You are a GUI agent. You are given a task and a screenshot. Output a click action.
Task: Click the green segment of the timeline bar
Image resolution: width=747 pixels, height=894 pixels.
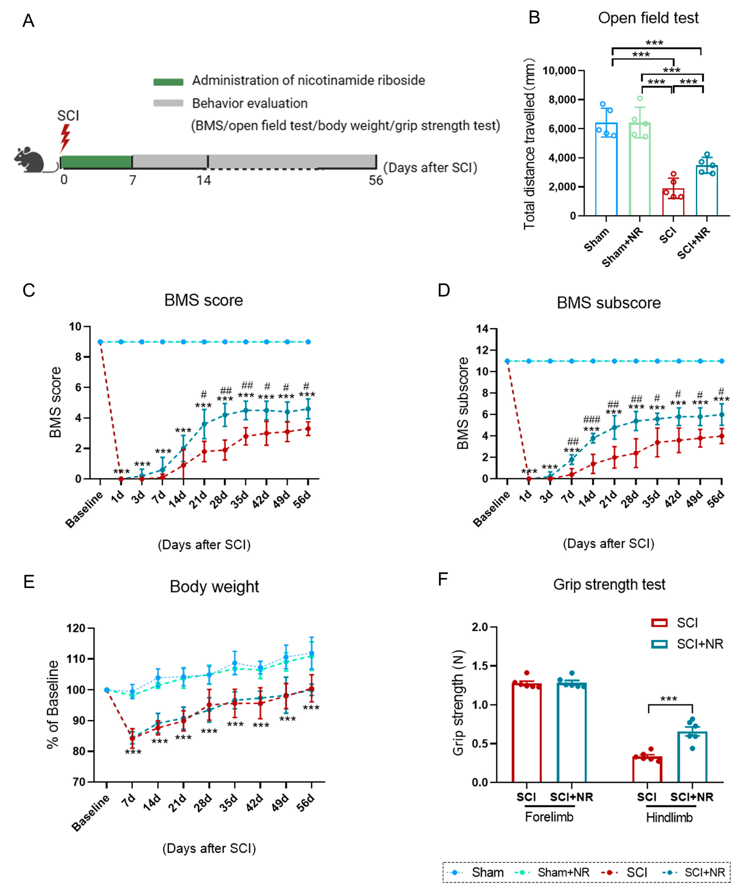pyautogui.click(x=96, y=162)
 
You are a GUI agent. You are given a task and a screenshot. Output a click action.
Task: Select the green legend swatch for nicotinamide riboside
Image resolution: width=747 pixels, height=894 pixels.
pyautogui.click(x=168, y=82)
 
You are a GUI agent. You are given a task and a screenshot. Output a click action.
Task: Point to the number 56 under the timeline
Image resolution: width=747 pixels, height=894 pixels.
pyautogui.click(x=375, y=181)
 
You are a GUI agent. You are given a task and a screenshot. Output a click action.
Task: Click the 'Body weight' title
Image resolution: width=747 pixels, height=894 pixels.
pyautogui.click(x=214, y=587)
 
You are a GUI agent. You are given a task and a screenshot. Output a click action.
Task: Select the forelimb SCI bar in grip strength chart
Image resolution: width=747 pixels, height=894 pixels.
pyautogui.click(x=527, y=734)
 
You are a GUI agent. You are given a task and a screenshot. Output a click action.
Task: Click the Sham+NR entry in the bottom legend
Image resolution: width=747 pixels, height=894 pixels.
pyautogui.click(x=563, y=872)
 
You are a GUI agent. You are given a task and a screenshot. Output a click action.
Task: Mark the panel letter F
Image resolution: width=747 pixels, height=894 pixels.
pyautogui.click(x=443, y=580)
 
